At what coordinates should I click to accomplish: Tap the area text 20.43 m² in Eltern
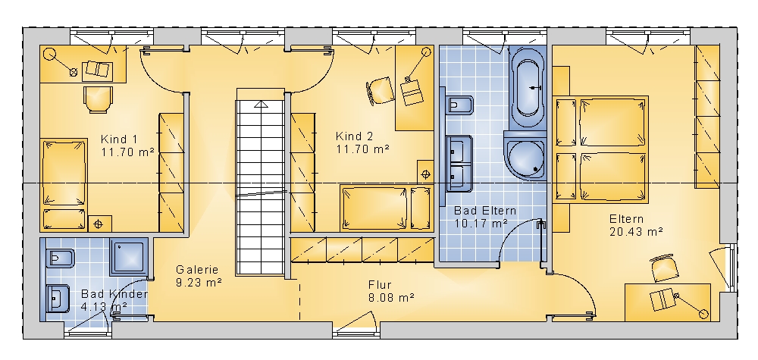pos(636,232)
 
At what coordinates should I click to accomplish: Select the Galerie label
pos(197,270)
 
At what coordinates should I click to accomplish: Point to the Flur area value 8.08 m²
pos(391,298)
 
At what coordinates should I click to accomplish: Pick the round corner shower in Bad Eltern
pos(525,155)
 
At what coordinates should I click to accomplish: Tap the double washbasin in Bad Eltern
pos(459,164)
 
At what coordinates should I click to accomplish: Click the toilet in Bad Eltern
pos(460,104)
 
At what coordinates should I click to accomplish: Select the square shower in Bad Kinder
pos(129,256)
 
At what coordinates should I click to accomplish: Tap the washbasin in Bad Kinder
pos(58,299)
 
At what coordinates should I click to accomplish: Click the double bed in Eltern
pos(600,149)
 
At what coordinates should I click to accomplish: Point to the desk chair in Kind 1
pos(98,99)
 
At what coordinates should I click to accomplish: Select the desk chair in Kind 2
pos(380,90)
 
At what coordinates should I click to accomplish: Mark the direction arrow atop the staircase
pos(261,103)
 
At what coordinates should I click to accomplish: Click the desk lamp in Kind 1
pos(62,64)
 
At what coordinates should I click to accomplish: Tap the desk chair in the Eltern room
pos(664,268)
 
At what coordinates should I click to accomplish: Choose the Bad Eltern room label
pos(485,211)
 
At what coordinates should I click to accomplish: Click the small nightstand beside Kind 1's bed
pos(100,224)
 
